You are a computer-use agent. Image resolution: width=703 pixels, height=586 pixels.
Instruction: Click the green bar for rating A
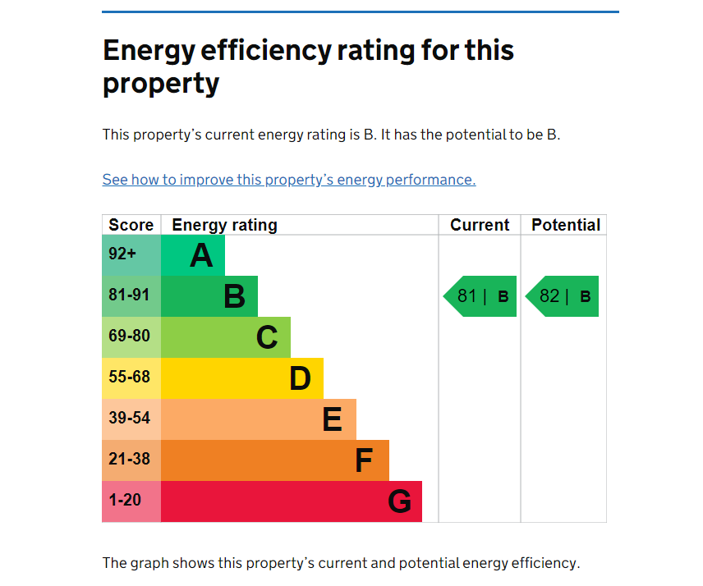click(x=192, y=255)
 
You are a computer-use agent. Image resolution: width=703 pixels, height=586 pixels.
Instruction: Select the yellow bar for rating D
click(x=241, y=378)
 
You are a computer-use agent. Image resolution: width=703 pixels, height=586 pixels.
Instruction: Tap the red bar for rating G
click(x=291, y=501)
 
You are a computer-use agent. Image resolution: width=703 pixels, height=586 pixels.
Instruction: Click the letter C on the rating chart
click(x=267, y=337)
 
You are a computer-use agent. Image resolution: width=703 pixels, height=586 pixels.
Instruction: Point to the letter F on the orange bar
click(x=364, y=460)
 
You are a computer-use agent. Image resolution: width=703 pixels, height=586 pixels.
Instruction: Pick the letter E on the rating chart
click(x=332, y=419)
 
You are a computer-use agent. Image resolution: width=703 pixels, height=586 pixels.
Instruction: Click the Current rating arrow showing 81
click(x=481, y=296)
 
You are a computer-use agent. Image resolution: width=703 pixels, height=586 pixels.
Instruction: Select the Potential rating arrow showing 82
click(x=563, y=296)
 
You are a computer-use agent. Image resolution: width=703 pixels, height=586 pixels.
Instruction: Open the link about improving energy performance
click(x=289, y=180)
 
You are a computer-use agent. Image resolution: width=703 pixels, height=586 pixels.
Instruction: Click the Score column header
click(x=131, y=225)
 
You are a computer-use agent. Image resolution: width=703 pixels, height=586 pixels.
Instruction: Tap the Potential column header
click(x=566, y=225)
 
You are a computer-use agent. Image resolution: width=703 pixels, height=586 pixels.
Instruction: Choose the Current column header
click(x=480, y=225)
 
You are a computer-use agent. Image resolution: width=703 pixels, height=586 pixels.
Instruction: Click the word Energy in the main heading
click(x=151, y=51)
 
